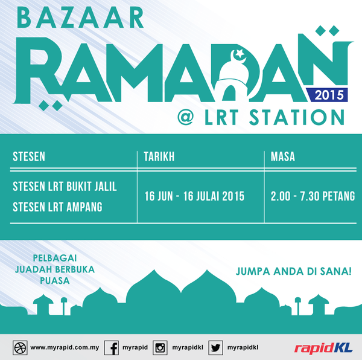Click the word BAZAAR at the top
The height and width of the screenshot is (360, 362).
coord(80,18)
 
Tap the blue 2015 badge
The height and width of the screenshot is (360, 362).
coord(327,95)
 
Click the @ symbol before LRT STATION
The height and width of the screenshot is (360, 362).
coord(185,117)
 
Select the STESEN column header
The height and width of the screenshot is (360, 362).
coord(29,156)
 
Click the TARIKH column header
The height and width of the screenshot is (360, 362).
coord(159,156)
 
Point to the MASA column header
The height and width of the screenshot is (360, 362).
coord(283,156)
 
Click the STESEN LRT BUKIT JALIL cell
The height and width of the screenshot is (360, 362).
coord(65,187)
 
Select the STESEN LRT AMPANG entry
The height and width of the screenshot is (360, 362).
coord(57,207)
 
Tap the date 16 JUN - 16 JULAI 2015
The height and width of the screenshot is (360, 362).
coord(194,196)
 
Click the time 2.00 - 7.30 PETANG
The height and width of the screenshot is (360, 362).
coord(313,196)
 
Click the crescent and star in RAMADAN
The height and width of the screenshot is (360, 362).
coord(238,56)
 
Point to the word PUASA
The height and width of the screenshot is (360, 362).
coord(55,281)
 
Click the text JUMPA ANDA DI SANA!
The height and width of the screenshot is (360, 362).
coord(294,271)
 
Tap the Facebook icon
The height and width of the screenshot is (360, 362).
coord(112,347)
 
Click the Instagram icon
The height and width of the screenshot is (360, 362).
coord(160,347)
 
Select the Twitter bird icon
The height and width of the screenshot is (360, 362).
coord(215,347)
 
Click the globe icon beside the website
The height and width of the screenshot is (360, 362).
coord(20,347)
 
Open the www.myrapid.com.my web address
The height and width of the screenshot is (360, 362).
coord(65,347)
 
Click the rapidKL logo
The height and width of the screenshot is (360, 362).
coord(323,349)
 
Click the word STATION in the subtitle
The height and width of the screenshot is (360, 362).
coord(297,117)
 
